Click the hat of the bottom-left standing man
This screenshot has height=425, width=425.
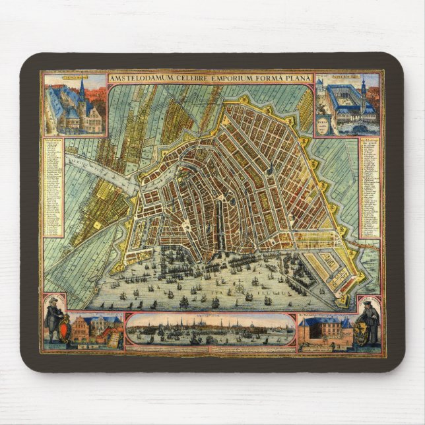(x=53, y=301)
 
